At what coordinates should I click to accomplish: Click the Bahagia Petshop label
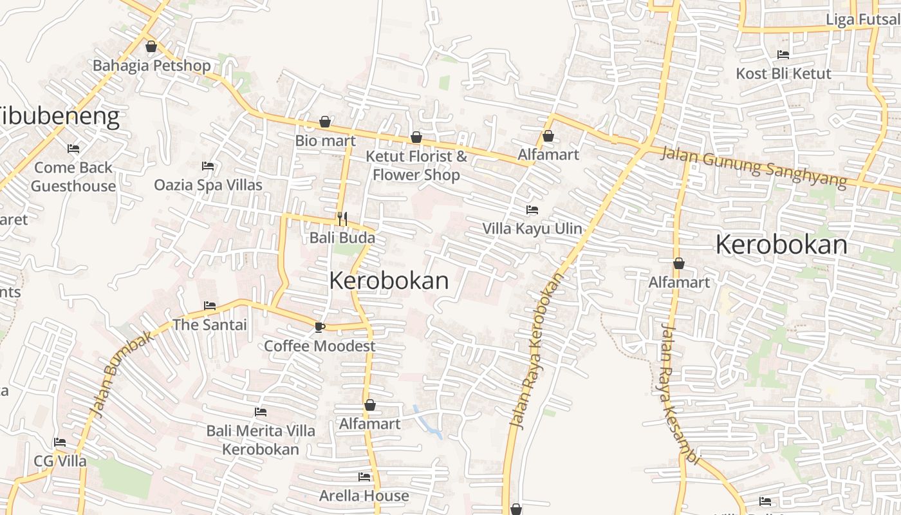point(152,66)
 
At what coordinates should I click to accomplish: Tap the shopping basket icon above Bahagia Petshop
point(151,46)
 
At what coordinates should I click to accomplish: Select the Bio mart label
point(325,140)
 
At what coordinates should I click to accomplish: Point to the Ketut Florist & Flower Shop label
point(416,165)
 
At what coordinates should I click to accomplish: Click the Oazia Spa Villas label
point(208,185)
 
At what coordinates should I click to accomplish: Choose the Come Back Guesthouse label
point(73,177)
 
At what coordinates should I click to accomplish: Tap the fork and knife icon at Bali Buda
point(342,219)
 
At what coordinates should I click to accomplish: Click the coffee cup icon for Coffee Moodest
point(319,327)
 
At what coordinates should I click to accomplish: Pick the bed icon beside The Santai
point(210,305)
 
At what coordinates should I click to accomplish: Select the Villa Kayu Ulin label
point(532,229)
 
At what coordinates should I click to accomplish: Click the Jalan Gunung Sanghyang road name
point(754,165)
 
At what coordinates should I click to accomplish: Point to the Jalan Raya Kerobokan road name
point(536,351)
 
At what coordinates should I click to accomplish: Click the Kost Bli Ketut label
point(783,73)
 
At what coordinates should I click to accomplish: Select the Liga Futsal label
point(862,19)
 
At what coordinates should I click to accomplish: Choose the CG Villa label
point(60,462)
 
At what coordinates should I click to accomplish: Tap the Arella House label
point(364,496)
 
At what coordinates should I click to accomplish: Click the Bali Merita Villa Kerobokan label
point(261,440)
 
